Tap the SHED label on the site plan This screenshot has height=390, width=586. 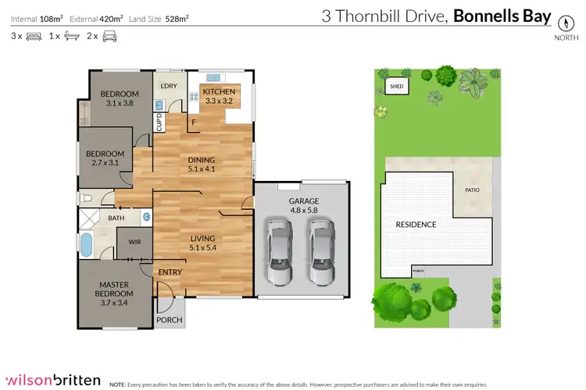[396, 87]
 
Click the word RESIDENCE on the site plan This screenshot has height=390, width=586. [416, 225]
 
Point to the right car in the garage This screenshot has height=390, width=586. [320, 251]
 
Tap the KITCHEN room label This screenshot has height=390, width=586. [219, 91]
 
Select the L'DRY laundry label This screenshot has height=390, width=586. [169, 86]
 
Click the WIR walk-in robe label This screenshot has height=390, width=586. [134, 243]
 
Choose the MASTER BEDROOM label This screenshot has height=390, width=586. [113, 289]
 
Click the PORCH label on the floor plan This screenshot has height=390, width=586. [170, 320]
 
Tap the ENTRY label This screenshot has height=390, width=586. [170, 271]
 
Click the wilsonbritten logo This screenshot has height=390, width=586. [52, 380]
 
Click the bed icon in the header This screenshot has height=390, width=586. [34, 36]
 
